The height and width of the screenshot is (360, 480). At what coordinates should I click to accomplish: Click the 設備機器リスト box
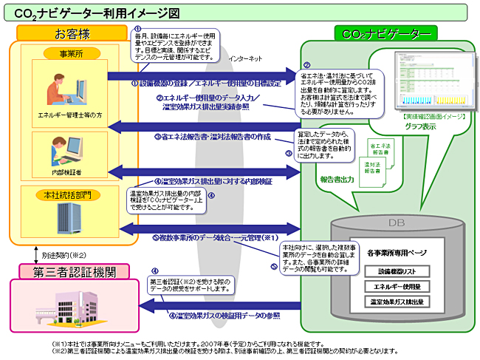399,271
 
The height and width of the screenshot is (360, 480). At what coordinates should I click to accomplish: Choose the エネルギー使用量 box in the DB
399,286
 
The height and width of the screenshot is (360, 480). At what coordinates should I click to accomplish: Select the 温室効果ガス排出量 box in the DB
399,301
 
